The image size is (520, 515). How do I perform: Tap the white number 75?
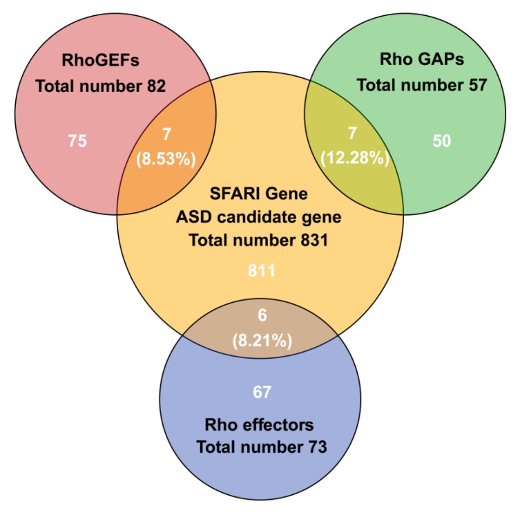(x=77, y=141)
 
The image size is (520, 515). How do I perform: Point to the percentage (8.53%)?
(x=165, y=158)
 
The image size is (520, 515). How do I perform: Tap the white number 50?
(x=441, y=141)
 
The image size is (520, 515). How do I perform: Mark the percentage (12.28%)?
(x=355, y=158)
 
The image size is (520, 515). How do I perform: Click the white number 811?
(x=261, y=272)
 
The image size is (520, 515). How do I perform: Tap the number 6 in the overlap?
(x=261, y=315)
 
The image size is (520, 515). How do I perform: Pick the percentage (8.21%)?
(x=261, y=340)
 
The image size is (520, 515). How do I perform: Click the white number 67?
(x=261, y=393)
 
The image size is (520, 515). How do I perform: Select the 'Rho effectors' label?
(x=261, y=423)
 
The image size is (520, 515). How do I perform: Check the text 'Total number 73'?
(x=261, y=447)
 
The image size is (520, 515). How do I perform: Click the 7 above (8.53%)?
(x=165, y=133)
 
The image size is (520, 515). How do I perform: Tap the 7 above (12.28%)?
(x=355, y=133)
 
